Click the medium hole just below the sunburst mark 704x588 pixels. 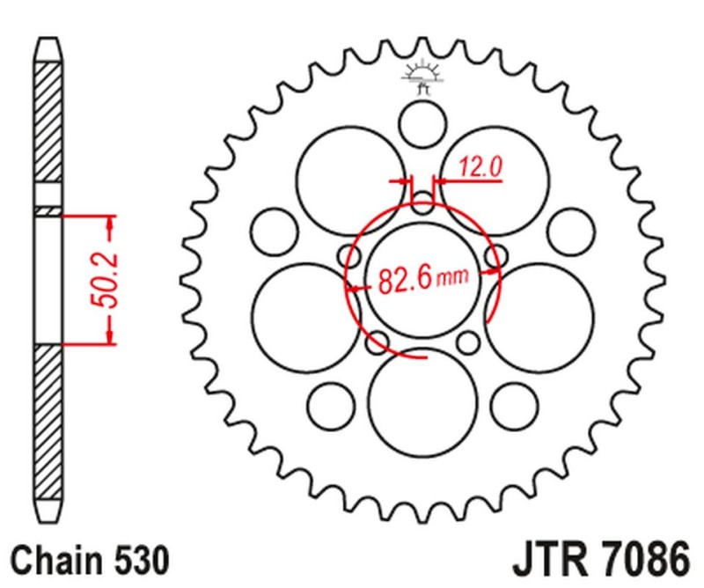[x=423, y=124]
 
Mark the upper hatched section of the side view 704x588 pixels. [x=49, y=123]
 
